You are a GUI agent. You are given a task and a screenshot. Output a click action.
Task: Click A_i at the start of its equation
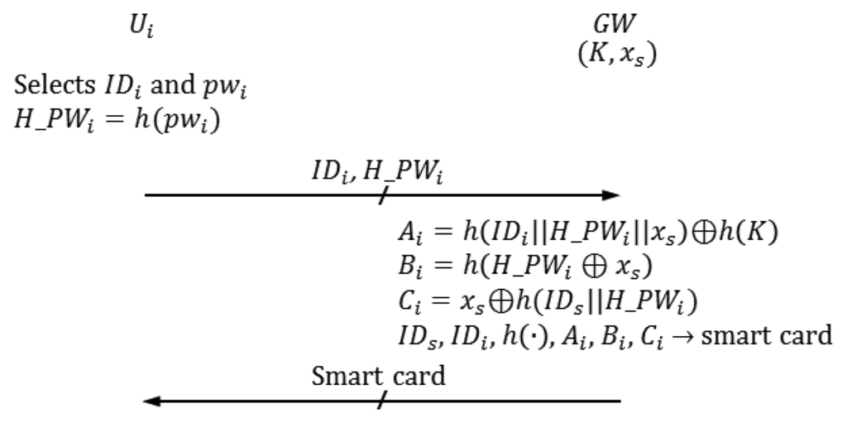click(x=406, y=234)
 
